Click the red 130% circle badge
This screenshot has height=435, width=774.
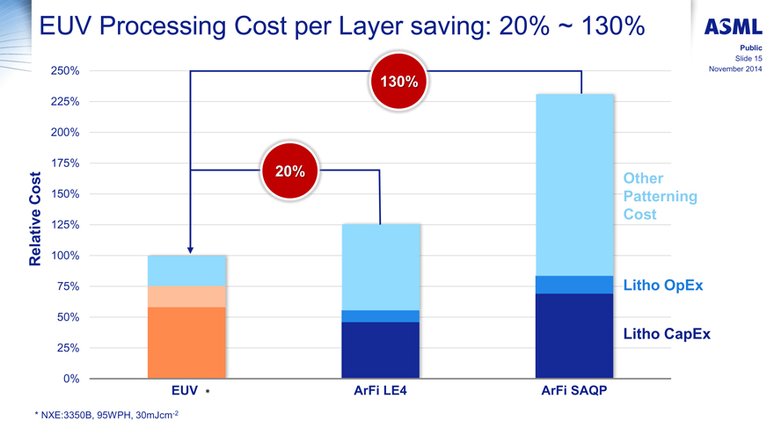point(398,82)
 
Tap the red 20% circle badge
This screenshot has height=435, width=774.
point(289,171)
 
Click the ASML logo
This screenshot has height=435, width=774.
point(733,27)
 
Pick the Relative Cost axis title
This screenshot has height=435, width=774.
point(36,218)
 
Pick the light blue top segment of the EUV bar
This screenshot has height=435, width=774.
point(186,271)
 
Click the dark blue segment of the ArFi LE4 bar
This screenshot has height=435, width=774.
point(380,350)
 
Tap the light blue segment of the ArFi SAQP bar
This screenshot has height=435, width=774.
point(573,185)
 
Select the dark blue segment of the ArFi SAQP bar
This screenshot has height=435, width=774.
point(573,336)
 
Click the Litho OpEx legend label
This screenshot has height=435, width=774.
point(662,286)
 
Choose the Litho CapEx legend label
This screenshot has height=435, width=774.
point(666,334)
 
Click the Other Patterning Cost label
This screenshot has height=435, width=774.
point(659,196)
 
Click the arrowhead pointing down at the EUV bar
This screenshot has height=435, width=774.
point(190,250)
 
